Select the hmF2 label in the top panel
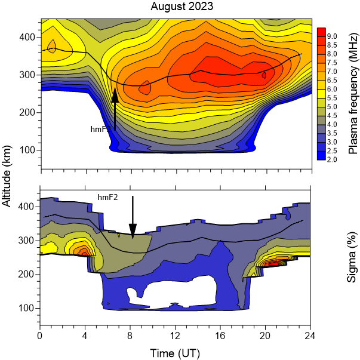pos(99,128)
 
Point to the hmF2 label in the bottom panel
pos(107,196)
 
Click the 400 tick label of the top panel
pos(27,37)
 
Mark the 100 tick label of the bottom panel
pos(27,307)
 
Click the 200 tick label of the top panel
pos(27,112)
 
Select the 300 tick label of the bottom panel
pos(27,240)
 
